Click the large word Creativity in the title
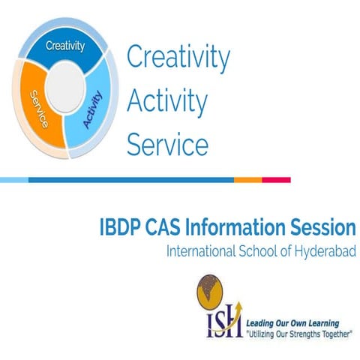click(x=178, y=57)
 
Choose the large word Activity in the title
click(x=167, y=100)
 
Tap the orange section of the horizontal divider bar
click(x=247, y=180)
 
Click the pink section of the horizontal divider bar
click(x=276, y=180)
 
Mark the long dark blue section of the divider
click(x=131, y=180)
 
